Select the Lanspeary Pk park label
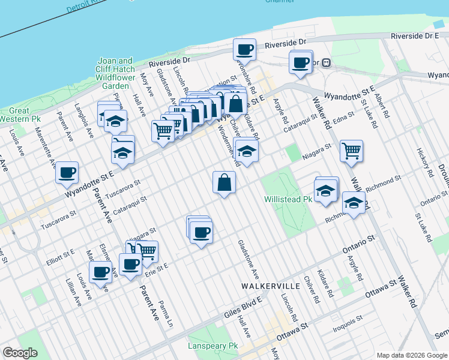coord(212,346)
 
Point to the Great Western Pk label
coord(19,115)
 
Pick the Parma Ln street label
coord(169,314)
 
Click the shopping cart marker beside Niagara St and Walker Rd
coord(351,151)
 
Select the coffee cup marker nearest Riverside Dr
coord(244,49)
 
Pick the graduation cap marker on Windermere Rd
coord(246,150)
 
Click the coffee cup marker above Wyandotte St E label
coord(67,172)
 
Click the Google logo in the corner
coord(20,353)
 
